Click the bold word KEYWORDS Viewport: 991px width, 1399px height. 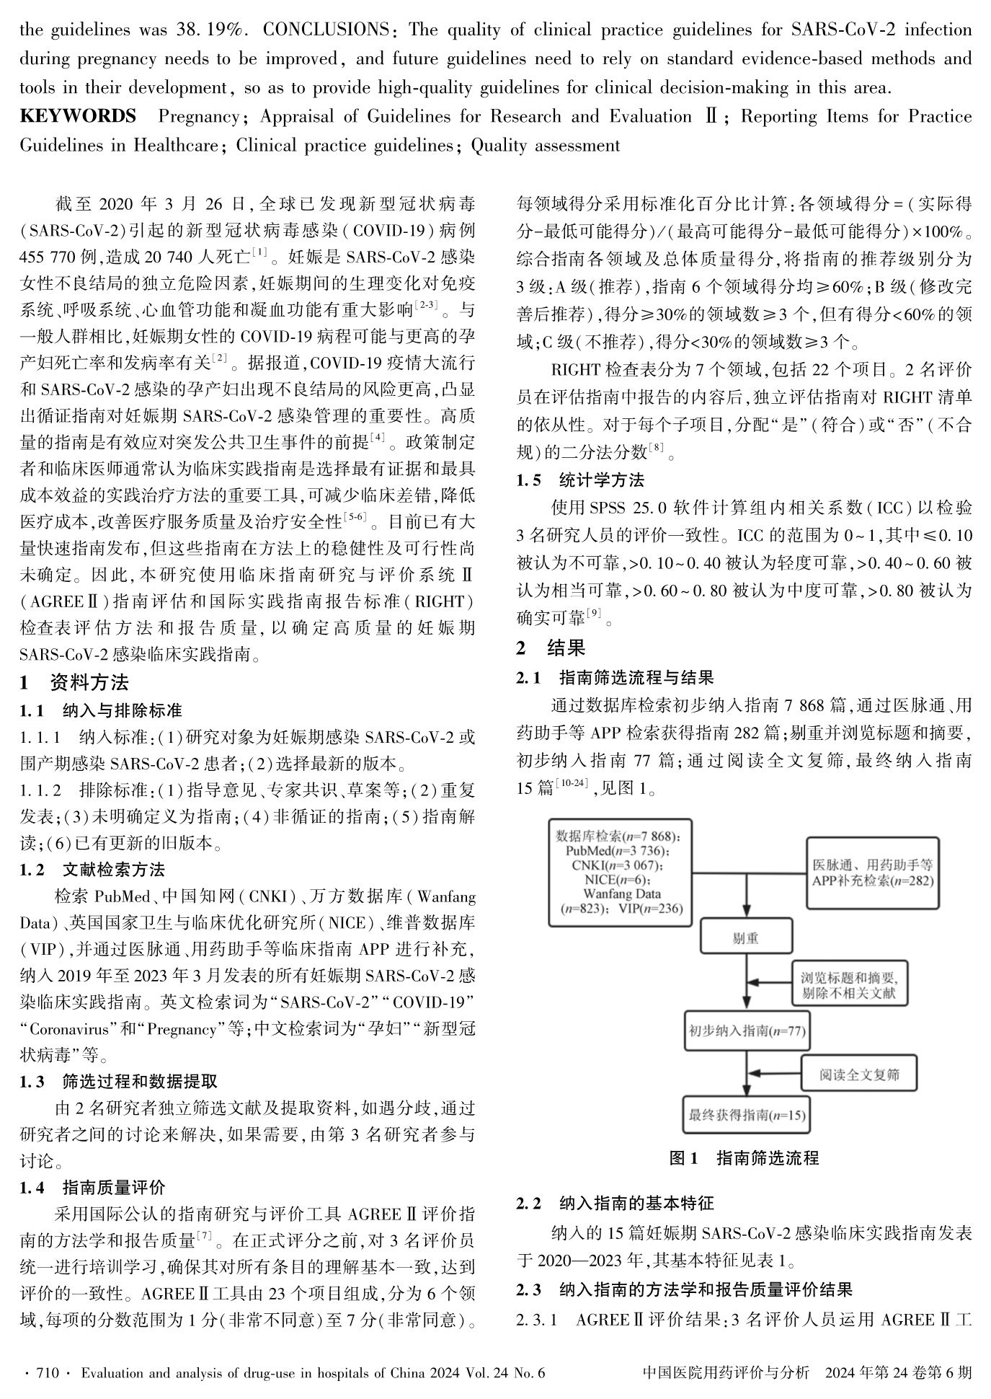(x=78, y=116)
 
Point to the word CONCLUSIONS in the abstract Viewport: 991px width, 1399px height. (x=326, y=30)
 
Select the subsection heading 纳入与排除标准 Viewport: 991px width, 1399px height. (x=122, y=710)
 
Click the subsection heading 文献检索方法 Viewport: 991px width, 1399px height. (x=113, y=869)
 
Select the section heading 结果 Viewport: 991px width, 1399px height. (x=566, y=648)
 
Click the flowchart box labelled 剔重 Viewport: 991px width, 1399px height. (x=746, y=938)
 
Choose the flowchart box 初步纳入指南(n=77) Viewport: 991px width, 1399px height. (x=746, y=1031)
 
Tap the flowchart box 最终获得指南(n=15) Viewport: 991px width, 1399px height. (x=746, y=1116)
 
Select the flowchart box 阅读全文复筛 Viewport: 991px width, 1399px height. (x=859, y=1074)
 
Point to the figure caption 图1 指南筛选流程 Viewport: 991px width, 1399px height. (x=744, y=1158)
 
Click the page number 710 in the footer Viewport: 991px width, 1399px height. (x=48, y=1373)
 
